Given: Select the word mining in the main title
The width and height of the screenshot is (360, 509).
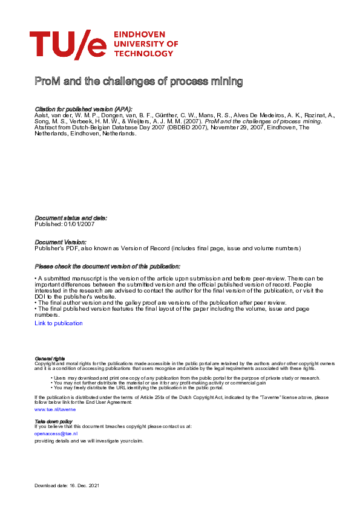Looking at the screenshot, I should click(226, 82).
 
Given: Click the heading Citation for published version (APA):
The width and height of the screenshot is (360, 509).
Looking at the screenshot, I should click(83, 109).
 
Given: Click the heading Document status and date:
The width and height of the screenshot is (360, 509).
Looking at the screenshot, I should click(71, 218).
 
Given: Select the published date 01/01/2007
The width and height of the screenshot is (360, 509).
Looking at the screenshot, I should click(81, 224).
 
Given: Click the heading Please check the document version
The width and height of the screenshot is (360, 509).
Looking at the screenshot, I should click(108, 266).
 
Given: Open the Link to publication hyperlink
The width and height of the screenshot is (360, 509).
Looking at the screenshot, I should click(59, 323).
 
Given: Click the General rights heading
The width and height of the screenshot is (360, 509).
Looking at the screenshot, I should click(50, 358).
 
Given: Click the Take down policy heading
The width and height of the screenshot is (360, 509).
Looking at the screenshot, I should click(54, 421).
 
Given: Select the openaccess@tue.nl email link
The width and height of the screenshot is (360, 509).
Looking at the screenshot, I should click(56, 433).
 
